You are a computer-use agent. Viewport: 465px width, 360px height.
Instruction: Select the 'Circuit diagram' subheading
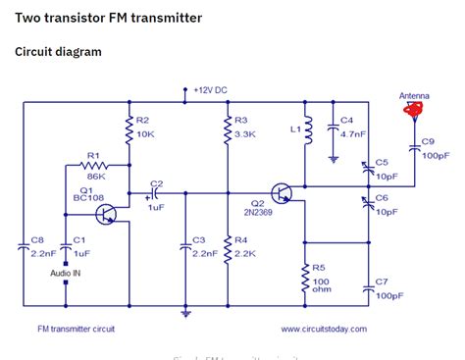point(58,51)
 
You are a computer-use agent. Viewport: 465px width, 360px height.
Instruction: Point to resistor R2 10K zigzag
point(129,127)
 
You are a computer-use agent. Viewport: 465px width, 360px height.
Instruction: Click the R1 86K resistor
point(95,166)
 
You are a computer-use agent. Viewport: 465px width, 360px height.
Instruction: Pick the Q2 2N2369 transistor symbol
point(284,193)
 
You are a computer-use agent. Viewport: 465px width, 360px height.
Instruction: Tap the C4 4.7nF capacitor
point(335,128)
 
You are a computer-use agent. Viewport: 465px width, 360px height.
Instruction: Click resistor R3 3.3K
point(228,127)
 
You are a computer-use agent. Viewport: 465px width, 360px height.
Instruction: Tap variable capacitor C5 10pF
point(369,168)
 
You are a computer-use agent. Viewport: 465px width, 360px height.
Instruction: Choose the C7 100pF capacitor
point(369,287)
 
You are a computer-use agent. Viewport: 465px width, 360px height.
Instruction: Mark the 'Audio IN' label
point(66,272)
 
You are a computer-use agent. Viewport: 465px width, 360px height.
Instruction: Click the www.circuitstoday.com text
point(324,329)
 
